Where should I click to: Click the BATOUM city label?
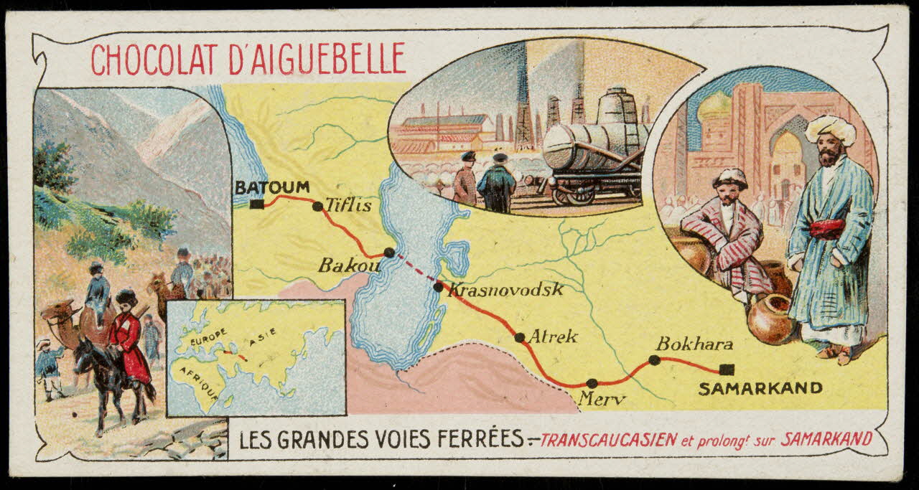click(272, 187)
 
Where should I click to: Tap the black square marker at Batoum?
click(257, 204)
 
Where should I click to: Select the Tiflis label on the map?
click(349, 205)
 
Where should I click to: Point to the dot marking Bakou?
click(388, 253)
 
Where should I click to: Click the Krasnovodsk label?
click(505, 290)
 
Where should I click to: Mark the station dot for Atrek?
click(519, 337)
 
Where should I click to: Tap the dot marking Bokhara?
click(654, 359)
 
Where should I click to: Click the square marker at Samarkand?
click(727, 369)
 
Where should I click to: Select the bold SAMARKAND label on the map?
click(760, 389)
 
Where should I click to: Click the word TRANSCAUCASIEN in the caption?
click(608, 439)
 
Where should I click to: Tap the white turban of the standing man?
click(831, 129)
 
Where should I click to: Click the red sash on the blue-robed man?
click(827, 229)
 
